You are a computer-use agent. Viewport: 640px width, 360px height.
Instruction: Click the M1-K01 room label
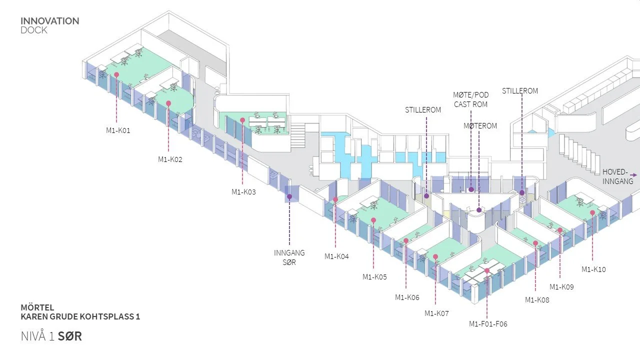(x=118, y=130)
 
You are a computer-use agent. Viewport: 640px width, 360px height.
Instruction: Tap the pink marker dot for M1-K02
(x=168, y=103)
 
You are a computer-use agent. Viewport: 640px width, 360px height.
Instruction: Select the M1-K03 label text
(x=243, y=191)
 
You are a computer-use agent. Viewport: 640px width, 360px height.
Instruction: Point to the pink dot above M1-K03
(x=242, y=120)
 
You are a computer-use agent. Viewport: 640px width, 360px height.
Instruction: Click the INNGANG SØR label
(x=289, y=257)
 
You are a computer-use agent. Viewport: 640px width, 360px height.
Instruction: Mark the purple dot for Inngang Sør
(x=289, y=197)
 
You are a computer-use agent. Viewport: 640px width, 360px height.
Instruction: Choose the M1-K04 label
(x=336, y=256)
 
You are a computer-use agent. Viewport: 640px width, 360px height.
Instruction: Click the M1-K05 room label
(x=374, y=277)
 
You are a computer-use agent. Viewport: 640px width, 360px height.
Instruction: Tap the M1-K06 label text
(x=407, y=297)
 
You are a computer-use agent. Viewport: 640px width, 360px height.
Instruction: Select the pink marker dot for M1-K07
(x=435, y=256)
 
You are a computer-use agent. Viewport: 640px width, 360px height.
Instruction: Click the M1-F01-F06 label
(x=488, y=324)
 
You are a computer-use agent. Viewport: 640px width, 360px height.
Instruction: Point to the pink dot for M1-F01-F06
(x=487, y=270)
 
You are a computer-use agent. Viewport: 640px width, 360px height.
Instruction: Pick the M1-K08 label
(x=537, y=300)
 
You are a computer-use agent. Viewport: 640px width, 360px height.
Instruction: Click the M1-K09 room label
(x=561, y=287)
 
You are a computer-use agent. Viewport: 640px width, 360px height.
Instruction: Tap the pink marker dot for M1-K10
(x=592, y=212)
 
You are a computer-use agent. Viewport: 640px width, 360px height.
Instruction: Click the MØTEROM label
(x=480, y=126)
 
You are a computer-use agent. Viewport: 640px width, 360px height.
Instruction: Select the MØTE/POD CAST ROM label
(x=470, y=99)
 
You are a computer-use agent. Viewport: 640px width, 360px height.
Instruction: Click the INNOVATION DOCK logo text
(x=49, y=25)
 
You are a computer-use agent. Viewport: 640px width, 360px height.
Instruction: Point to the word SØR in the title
(x=69, y=336)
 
